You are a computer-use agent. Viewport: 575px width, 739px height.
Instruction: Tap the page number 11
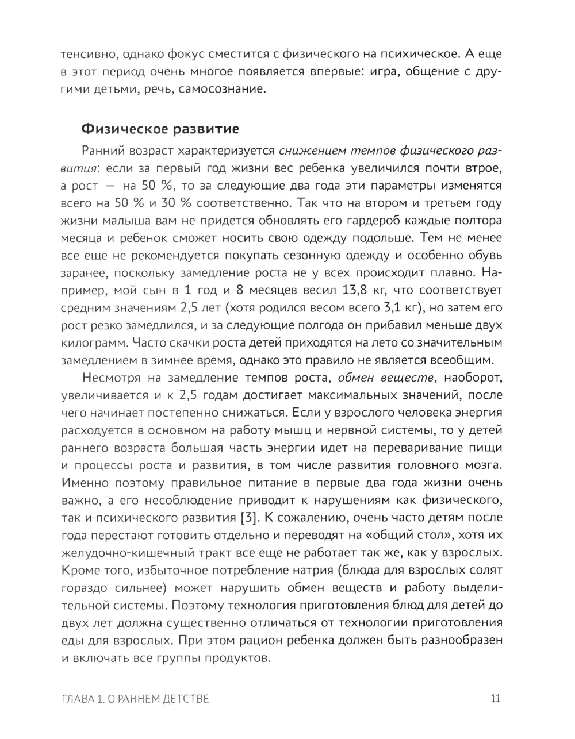496,698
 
